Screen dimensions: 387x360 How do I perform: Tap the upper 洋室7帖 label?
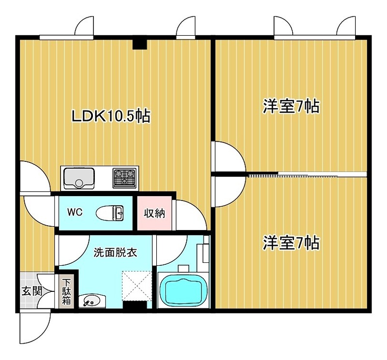[291, 106]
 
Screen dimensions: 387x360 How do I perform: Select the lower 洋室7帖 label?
[291, 243]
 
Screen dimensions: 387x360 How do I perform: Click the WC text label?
[75, 212]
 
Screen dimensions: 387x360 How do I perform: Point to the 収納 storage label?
[154, 213]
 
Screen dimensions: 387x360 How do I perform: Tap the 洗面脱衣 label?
[115, 253]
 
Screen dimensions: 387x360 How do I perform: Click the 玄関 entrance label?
[32, 291]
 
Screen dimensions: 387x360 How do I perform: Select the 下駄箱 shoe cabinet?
[66, 291]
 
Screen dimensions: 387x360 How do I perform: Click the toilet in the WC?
[110, 213]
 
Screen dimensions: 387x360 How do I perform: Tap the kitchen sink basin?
[79, 178]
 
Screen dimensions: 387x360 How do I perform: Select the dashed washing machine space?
[137, 286]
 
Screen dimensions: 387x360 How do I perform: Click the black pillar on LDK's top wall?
[140, 44]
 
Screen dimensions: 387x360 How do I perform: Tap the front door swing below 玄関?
[35, 328]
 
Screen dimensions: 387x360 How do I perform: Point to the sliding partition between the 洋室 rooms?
[307, 174]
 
